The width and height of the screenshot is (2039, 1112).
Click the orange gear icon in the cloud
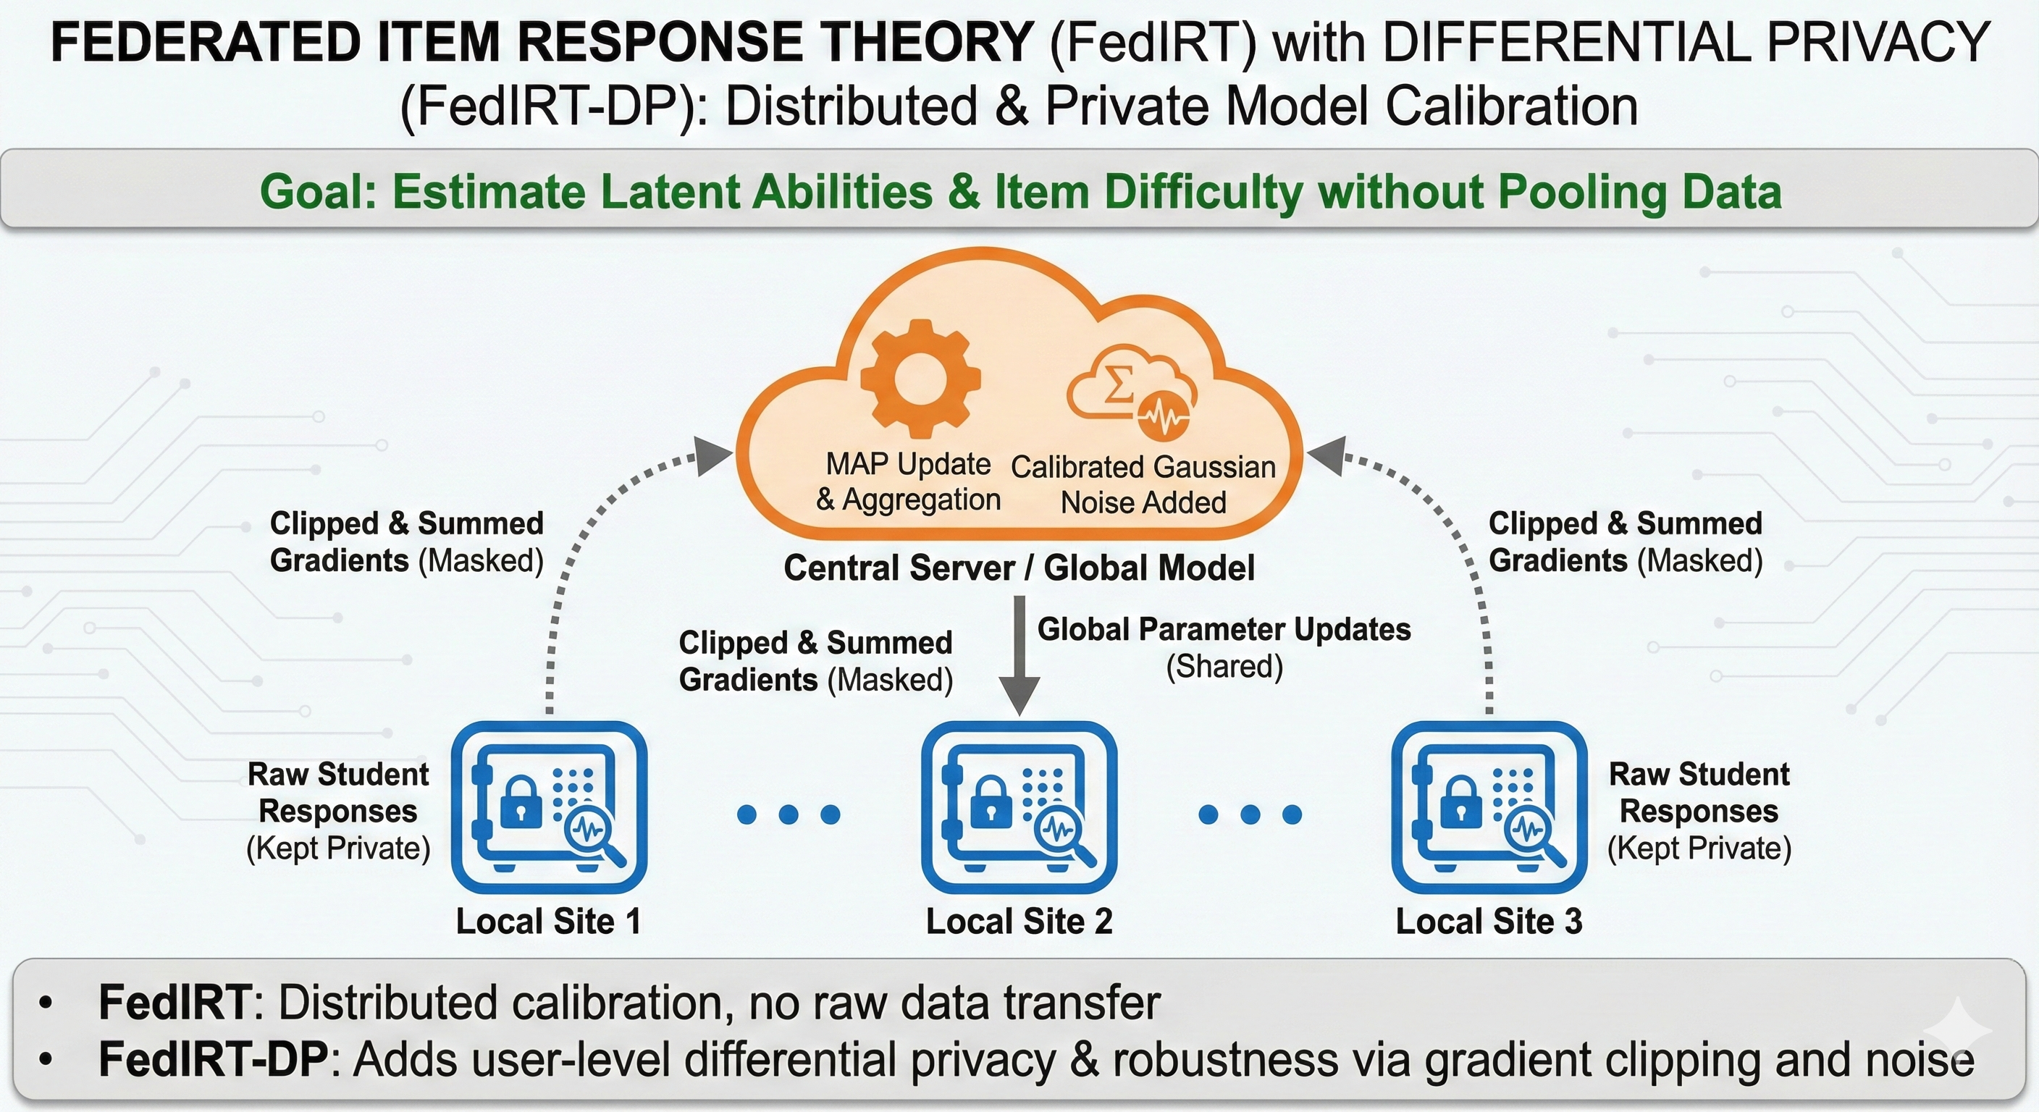click(x=920, y=379)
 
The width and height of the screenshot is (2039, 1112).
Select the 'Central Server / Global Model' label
click(x=1019, y=568)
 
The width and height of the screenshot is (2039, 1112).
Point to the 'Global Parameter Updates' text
click(x=1224, y=630)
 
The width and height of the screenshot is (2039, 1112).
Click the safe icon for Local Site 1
click(x=549, y=807)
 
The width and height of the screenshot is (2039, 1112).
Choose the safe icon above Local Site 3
click(x=1489, y=807)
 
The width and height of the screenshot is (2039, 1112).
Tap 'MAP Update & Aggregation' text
click(x=908, y=481)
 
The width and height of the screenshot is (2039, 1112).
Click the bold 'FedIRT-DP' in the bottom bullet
click(x=212, y=1060)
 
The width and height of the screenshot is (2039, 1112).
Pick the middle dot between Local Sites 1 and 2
click(x=788, y=814)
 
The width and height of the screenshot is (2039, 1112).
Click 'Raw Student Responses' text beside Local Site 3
click(x=1699, y=792)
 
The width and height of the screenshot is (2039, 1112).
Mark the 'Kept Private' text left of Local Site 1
click(x=338, y=848)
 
